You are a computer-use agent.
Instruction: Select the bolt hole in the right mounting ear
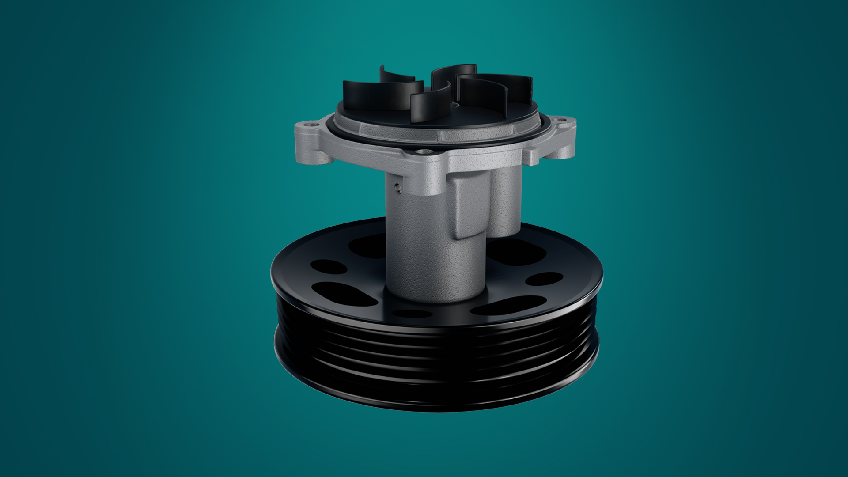pos(561,119)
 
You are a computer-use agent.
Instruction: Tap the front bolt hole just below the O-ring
pos(425,151)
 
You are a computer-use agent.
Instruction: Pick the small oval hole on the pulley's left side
pos(329,266)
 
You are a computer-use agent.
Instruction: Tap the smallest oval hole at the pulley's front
pos(412,314)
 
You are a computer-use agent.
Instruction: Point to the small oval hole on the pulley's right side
pos(544,279)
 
